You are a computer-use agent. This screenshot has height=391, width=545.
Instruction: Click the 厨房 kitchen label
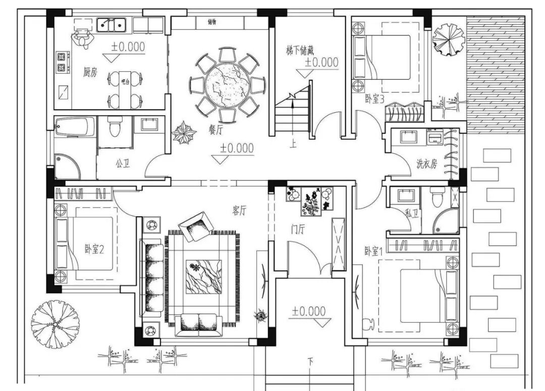click(90, 72)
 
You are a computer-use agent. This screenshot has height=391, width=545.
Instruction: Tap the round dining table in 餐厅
click(228, 85)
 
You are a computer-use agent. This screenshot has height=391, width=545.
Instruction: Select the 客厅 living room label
click(239, 211)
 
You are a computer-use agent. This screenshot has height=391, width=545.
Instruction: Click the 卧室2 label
click(94, 249)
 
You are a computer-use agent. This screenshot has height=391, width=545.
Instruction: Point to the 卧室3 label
click(375, 99)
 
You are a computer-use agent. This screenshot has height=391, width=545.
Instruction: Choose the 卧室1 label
click(374, 251)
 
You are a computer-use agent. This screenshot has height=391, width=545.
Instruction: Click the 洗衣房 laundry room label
click(426, 164)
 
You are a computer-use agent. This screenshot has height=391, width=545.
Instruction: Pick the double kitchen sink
click(112, 24)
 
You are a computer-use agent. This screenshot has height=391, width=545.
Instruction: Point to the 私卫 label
click(412, 214)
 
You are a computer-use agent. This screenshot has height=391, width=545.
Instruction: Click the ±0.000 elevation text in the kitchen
click(128, 47)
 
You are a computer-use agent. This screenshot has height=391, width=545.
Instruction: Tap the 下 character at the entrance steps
click(311, 362)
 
